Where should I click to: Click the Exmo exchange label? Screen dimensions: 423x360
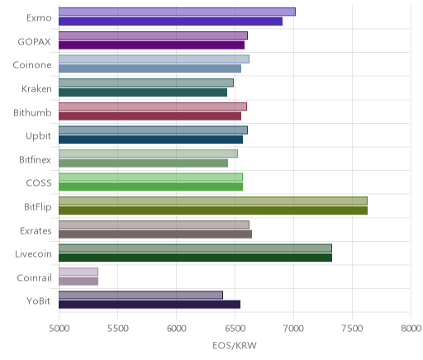(39, 18)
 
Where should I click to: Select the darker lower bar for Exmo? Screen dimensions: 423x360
(170, 21)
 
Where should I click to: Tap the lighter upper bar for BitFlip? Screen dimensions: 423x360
(213, 201)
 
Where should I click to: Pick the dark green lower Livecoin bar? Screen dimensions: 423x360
(195, 258)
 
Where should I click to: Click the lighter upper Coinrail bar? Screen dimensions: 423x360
(78, 272)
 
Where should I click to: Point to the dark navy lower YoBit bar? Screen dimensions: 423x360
(150, 305)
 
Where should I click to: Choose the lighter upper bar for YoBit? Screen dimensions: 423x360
(140, 295)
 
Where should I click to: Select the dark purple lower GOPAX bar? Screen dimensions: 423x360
(151, 45)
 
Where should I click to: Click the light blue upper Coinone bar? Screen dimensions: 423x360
(154, 59)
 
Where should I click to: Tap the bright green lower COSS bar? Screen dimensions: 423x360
(150, 187)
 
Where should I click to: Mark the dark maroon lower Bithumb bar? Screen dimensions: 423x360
(150, 116)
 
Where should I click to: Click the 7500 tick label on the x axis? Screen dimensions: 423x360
(352, 329)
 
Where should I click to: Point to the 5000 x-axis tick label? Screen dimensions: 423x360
(59, 329)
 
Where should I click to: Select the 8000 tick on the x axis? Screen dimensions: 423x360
(411, 329)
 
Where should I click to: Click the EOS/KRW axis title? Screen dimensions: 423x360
(235, 345)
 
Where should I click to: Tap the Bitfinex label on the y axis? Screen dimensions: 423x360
(35, 159)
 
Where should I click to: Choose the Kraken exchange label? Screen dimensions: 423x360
(36, 88)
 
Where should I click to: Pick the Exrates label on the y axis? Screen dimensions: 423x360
(36, 230)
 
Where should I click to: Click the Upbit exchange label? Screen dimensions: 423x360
(38, 136)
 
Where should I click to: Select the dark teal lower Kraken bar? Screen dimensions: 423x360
(143, 92)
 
